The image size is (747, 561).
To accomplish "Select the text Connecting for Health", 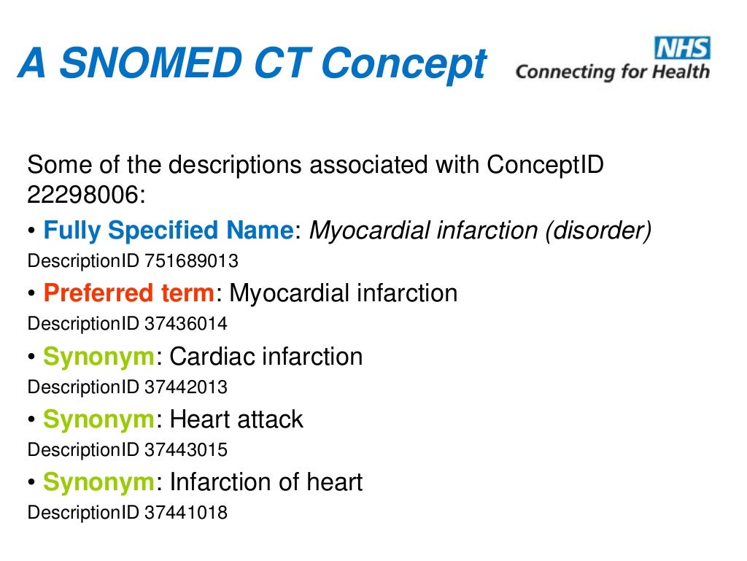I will point(612,72).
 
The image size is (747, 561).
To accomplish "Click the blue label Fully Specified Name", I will point(168,231).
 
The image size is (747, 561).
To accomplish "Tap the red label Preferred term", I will point(129,293).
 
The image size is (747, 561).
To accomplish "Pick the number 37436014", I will point(186,323).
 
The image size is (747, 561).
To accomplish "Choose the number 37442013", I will point(186,387).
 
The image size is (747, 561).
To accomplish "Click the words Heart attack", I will point(236,419).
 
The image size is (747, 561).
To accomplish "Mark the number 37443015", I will point(186,449).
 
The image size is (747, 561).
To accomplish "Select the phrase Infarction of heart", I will point(266,482).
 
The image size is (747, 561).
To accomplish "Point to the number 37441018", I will point(186,513).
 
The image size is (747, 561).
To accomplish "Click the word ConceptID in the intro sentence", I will point(545,165).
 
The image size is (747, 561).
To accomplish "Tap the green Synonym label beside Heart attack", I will point(98,419).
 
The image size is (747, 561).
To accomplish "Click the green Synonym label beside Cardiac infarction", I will point(98,357).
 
